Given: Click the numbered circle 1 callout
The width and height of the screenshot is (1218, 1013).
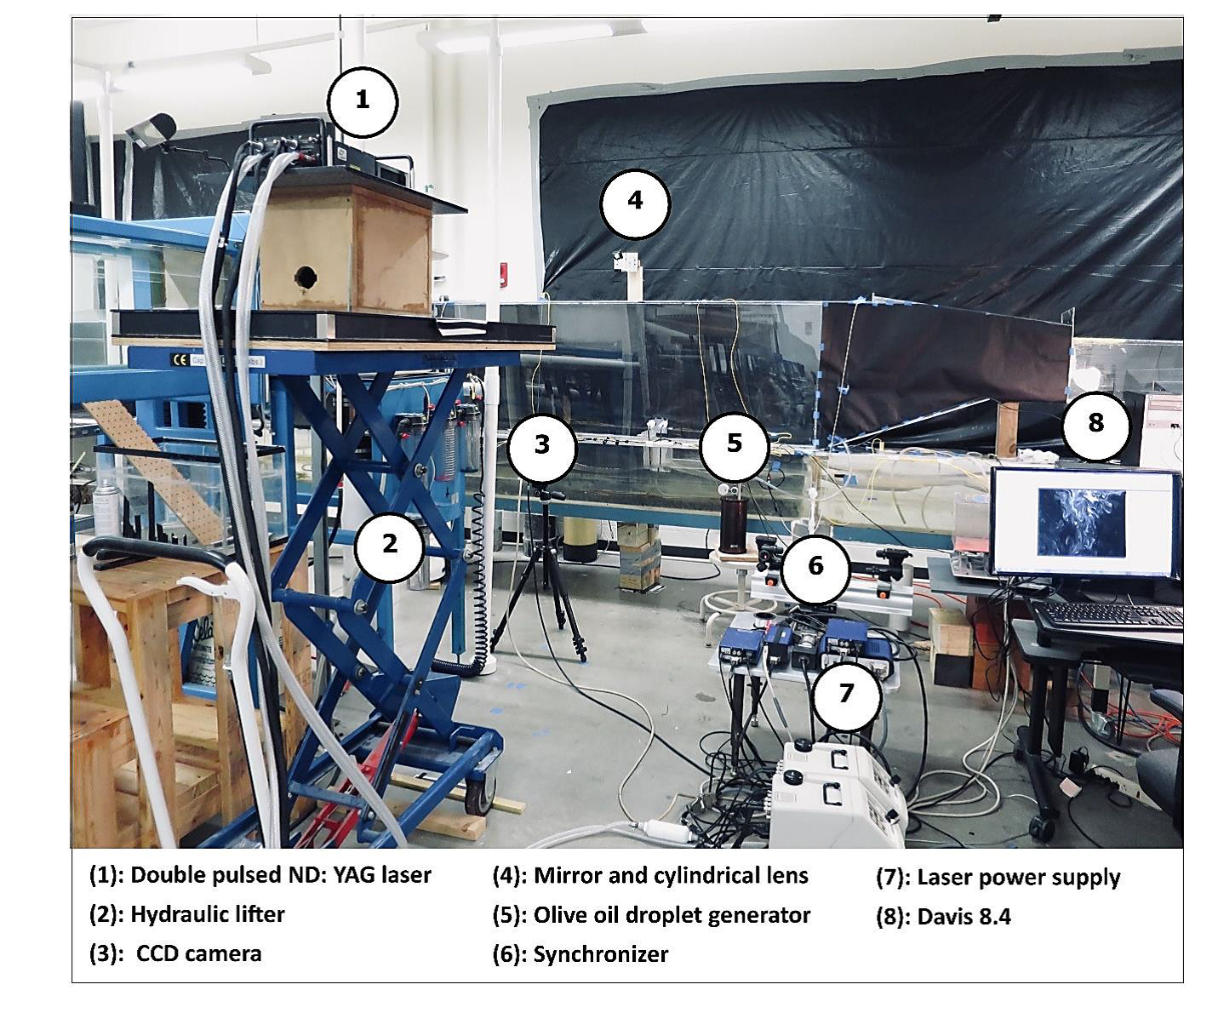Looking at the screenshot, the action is click(363, 101).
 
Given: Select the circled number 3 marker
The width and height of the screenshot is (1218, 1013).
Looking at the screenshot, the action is click(542, 444).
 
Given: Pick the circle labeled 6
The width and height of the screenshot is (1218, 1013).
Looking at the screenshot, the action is click(815, 566).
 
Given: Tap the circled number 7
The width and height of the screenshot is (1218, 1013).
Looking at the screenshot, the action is click(845, 693).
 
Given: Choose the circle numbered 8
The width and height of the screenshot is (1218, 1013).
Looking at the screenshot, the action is click(1095, 423).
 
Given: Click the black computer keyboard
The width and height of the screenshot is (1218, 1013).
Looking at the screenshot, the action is click(1109, 615).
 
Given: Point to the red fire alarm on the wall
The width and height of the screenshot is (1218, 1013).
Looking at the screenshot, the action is click(504, 274).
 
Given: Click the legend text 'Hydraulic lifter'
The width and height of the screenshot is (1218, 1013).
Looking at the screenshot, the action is click(207, 914).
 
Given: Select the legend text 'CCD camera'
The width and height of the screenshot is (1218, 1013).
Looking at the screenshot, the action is click(198, 953).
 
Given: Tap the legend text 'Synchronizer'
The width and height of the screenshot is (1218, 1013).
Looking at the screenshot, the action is click(600, 954).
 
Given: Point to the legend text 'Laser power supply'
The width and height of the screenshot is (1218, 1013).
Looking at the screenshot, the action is click(1018, 878).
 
